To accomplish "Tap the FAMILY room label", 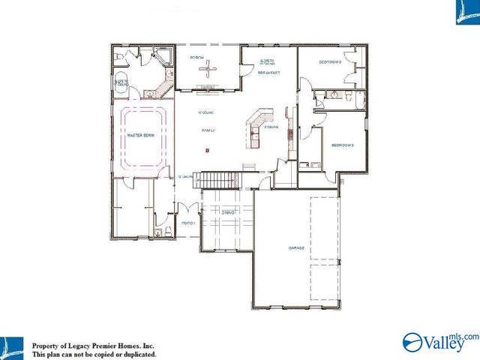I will point(208,131).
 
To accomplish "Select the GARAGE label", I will point(297,247).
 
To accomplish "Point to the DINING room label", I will point(228,213).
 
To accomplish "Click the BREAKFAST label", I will point(268,73).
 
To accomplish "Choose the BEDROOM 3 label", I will point(330,62).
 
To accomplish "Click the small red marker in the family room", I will point(207,151).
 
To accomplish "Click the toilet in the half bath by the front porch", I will point(158,233).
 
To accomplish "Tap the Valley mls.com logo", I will point(439,341).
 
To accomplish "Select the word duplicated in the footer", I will point(139,353).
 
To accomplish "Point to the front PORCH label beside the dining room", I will point(188,223).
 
